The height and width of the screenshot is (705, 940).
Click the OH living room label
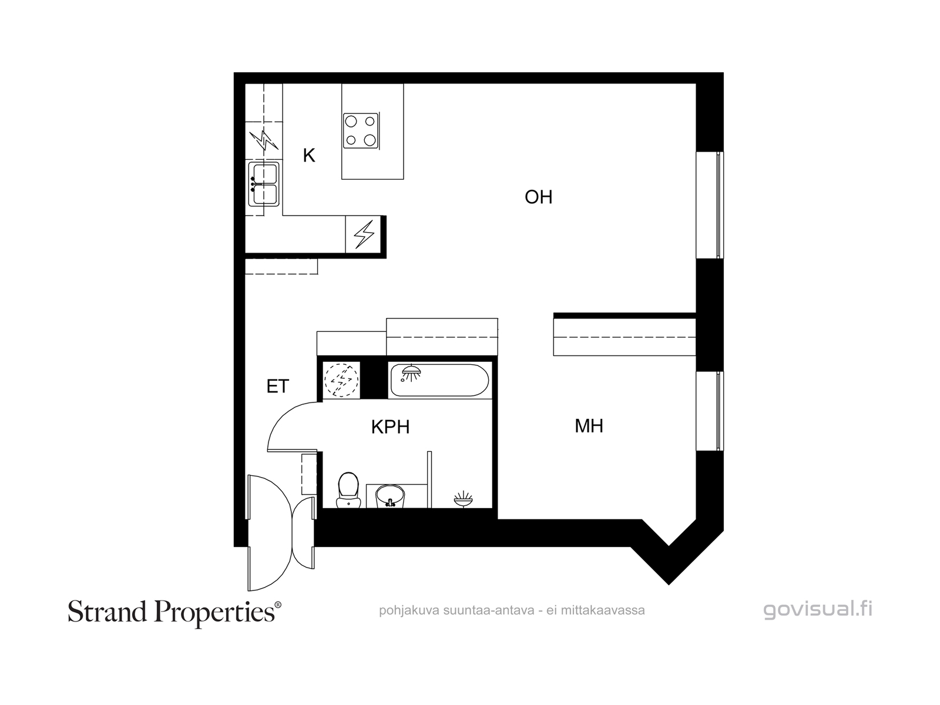[538, 197]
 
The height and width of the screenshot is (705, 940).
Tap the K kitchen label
[309, 155]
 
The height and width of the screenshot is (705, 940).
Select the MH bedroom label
[589, 426]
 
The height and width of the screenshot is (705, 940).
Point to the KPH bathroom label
[390, 427]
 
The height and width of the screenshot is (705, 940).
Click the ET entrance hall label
[277, 387]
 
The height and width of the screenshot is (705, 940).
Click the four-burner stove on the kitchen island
[361, 131]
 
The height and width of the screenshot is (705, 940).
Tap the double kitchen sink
[264, 183]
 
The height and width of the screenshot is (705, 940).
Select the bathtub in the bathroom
[439, 380]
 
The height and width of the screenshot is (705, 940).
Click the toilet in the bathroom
[348, 490]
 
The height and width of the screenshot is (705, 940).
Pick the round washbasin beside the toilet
[390, 496]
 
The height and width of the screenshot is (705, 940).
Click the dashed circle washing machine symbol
[341, 380]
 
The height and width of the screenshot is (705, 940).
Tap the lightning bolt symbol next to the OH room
[364, 234]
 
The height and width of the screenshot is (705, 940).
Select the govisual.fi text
[818, 610]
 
